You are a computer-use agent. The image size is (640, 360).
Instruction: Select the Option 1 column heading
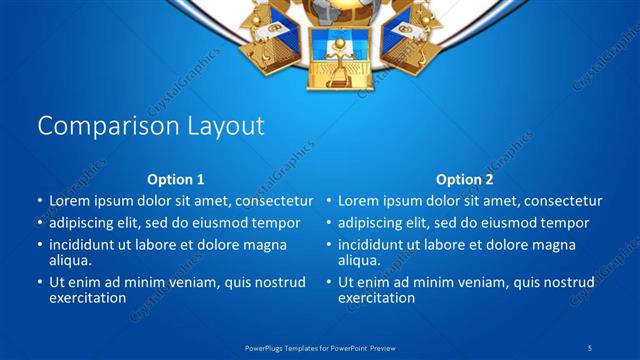tap(176, 180)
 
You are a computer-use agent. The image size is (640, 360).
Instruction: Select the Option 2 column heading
tap(464, 180)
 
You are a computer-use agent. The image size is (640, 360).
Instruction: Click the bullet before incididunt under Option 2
tap(327, 245)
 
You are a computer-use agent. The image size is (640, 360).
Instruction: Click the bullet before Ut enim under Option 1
tap(39, 283)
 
